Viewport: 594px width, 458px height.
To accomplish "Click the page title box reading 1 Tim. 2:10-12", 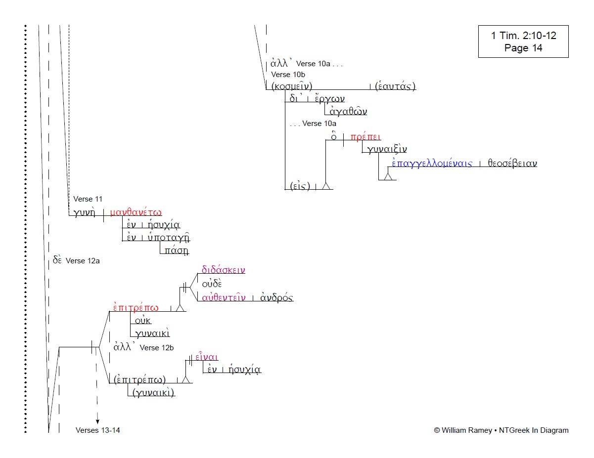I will [x=523, y=42].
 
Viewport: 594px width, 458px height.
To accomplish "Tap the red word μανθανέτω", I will [x=136, y=212].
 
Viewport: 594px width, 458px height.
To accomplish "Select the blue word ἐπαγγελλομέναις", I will [x=432, y=164].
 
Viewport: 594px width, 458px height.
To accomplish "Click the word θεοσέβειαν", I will [x=512, y=164].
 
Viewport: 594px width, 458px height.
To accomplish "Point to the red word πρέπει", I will [x=366, y=137].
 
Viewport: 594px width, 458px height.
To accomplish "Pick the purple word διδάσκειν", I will [x=223, y=270].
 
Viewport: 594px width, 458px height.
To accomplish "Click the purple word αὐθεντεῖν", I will [x=224, y=297].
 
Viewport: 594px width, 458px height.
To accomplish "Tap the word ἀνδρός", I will [x=276, y=297].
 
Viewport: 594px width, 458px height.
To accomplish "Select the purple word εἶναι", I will [x=207, y=357].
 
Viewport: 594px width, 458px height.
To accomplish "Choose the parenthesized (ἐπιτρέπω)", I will [x=140, y=379].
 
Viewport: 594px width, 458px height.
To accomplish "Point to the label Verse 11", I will [x=88, y=199].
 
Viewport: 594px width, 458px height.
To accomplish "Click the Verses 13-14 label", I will [x=98, y=430].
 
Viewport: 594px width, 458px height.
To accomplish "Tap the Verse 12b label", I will [x=157, y=348].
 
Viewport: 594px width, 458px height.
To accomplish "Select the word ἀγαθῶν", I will [x=348, y=111].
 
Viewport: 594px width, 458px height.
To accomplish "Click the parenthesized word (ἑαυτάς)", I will [x=395, y=86].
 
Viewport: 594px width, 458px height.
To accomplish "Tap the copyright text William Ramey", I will [x=501, y=430].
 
